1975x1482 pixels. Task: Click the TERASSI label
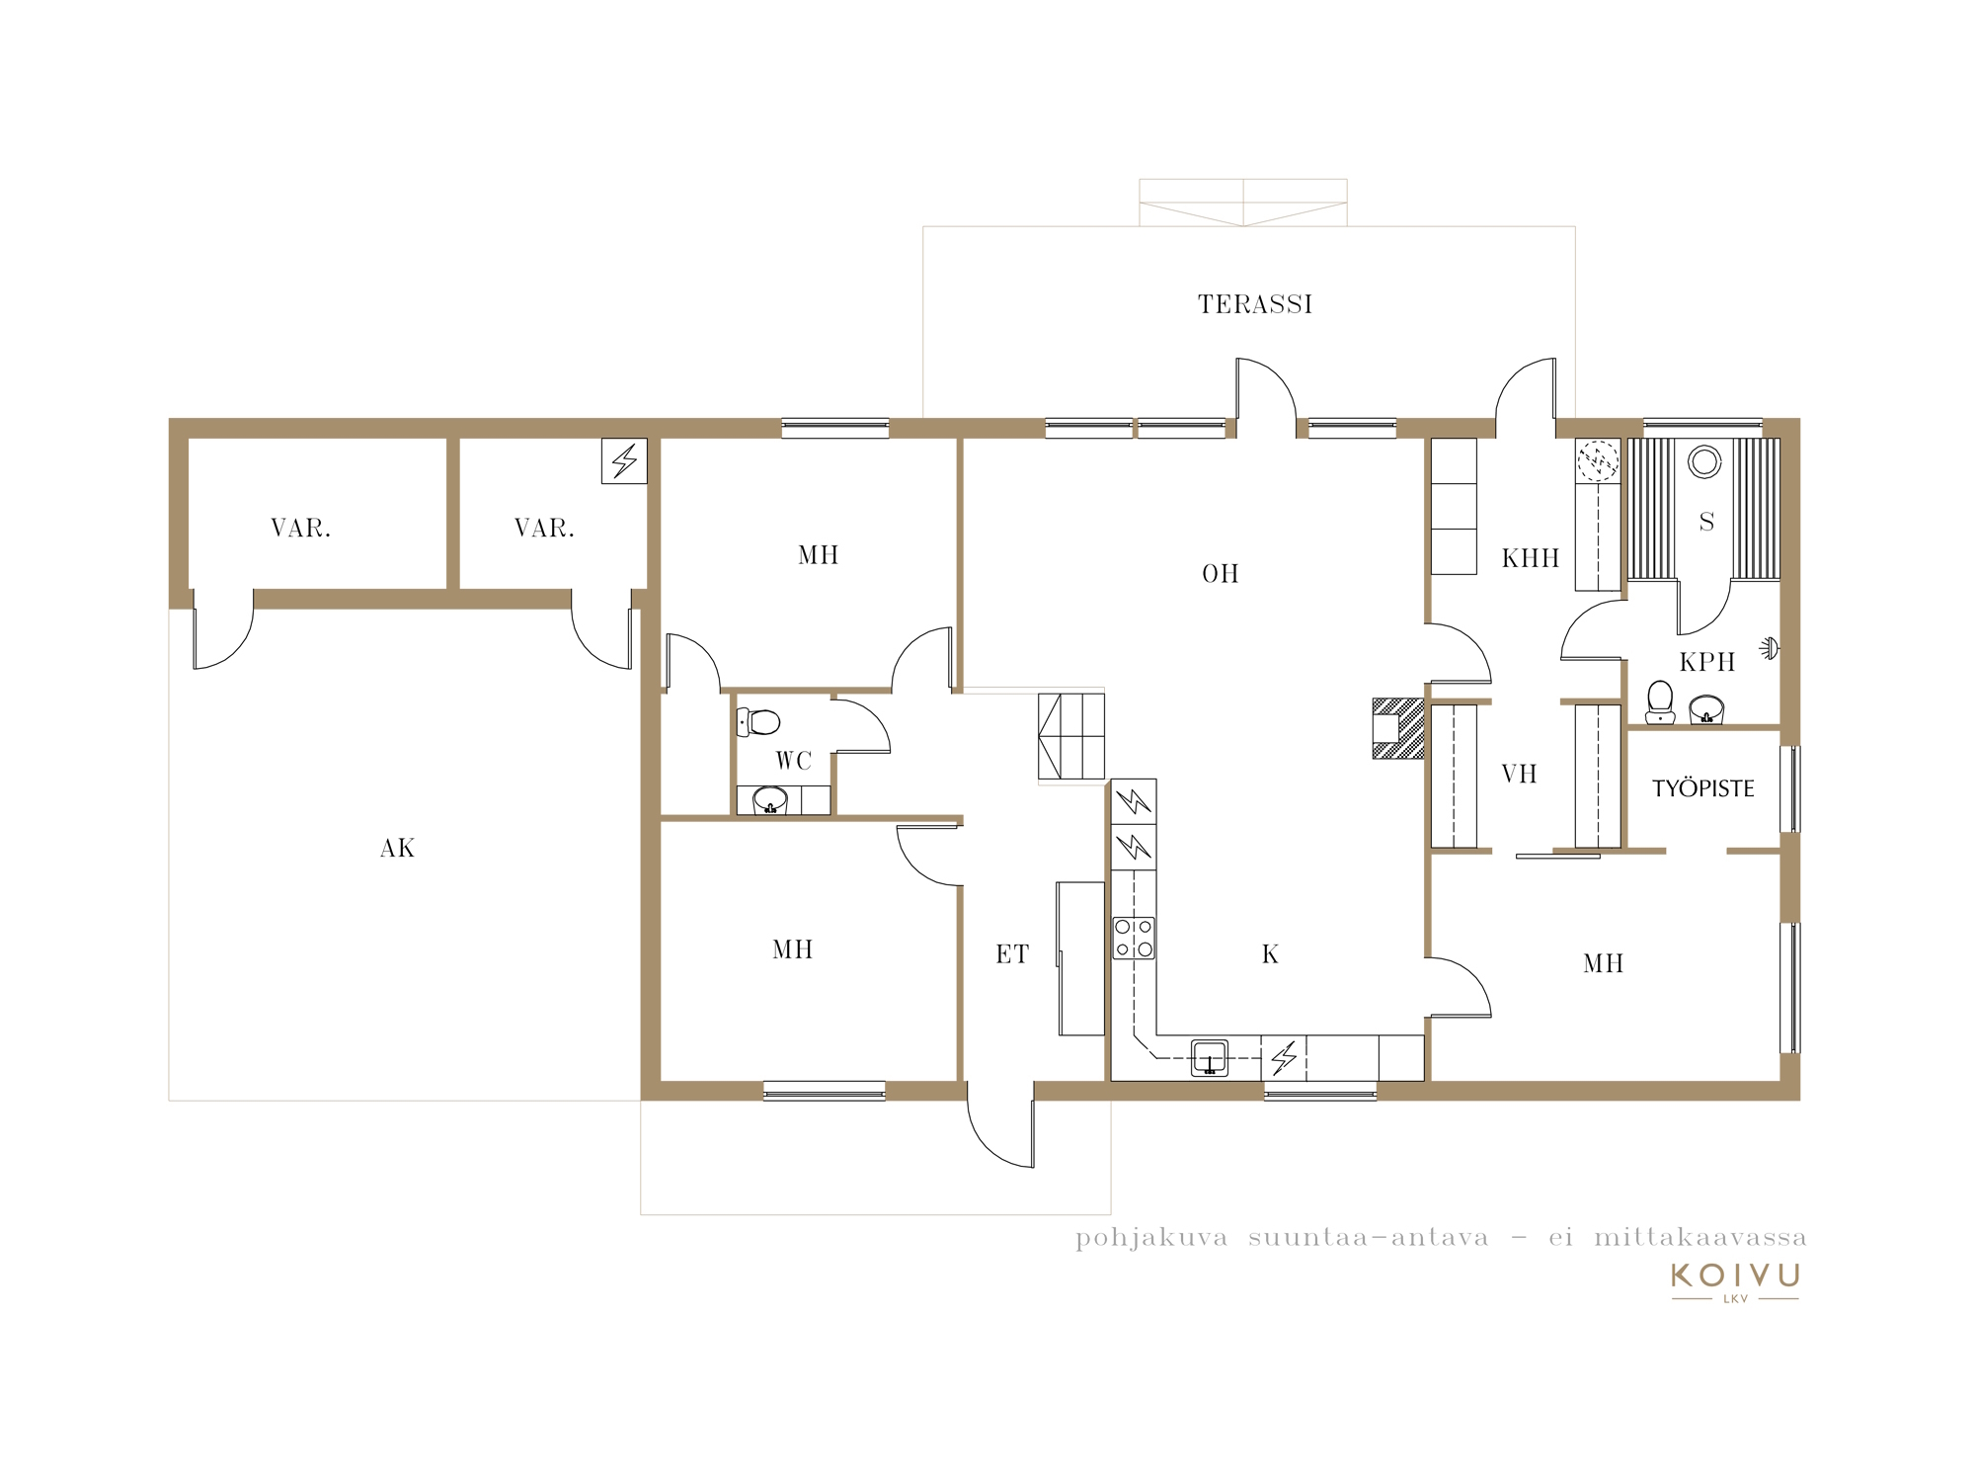click(1255, 304)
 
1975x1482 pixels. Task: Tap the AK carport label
click(398, 849)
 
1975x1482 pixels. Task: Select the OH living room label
click(1221, 574)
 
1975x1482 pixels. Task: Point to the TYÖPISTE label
click(1703, 788)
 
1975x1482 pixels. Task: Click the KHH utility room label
click(1531, 558)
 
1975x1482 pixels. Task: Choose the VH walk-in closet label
click(1520, 774)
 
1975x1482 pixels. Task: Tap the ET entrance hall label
click(1012, 954)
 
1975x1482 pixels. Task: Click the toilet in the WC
click(758, 722)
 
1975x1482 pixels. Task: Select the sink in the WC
click(770, 799)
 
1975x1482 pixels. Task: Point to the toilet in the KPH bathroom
click(1661, 701)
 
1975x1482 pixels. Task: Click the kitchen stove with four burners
click(1134, 939)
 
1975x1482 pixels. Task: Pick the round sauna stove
click(1704, 461)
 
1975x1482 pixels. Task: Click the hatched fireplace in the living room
click(1398, 728)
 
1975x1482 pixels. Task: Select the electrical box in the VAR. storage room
click(624, 460)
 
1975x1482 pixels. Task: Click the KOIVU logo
click(1735, 1281)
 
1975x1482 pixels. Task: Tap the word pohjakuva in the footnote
click(1151, 1239)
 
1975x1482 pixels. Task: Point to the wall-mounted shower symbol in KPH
click(1770, 649)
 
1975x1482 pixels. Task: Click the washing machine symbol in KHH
click(1598, 460)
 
